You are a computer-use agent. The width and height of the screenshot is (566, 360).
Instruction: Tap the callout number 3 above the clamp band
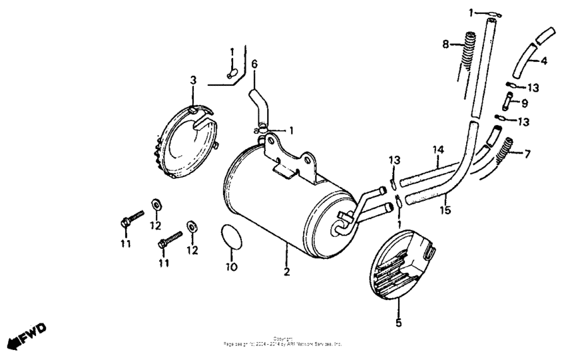point(193,80)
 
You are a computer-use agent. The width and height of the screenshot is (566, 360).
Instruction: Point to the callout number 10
point(231,268)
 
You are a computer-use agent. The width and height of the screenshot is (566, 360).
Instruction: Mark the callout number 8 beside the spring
point(445,44)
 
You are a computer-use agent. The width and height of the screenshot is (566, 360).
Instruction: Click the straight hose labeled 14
point(426,175)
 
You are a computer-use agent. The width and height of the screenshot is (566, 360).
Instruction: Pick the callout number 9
point(525,103)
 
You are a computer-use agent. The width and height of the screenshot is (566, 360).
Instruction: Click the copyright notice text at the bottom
point(284,342)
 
